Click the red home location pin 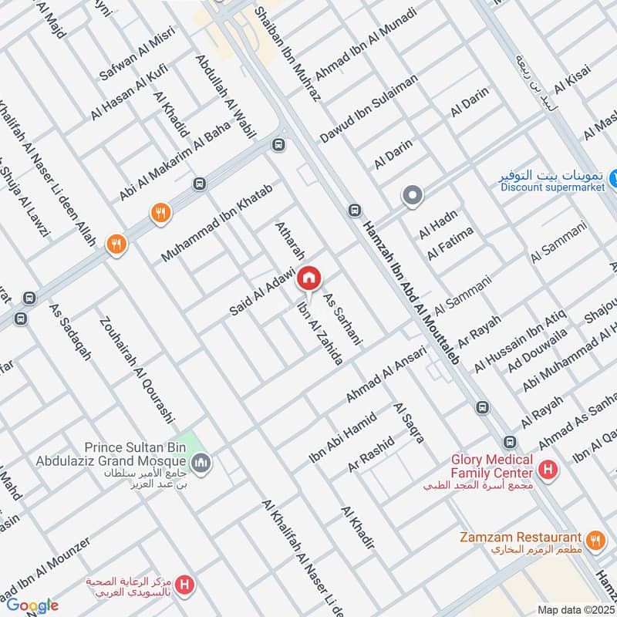point(309,278)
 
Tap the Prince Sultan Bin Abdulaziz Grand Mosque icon point(204,463)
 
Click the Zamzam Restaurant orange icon point(595,539)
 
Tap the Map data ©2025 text point(575,609)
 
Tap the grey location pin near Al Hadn point(413,197)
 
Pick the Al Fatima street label point(443,244)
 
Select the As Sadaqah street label point(70,332)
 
